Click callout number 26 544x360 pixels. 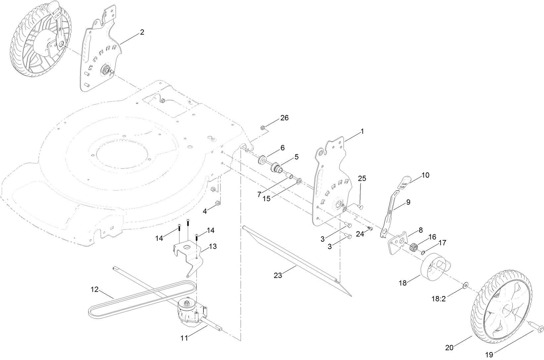(x=285, y=118)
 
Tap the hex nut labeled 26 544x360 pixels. (x=262, y=127)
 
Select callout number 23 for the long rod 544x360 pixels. (x=278, y=275)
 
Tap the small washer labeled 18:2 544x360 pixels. (x=465, y=285)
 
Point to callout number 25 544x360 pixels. (x=362, y=178)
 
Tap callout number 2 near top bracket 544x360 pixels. (x=142, y=32)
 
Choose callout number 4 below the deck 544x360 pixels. (x=205, y=210)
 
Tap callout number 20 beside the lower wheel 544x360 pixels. (x=449, y=347)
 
